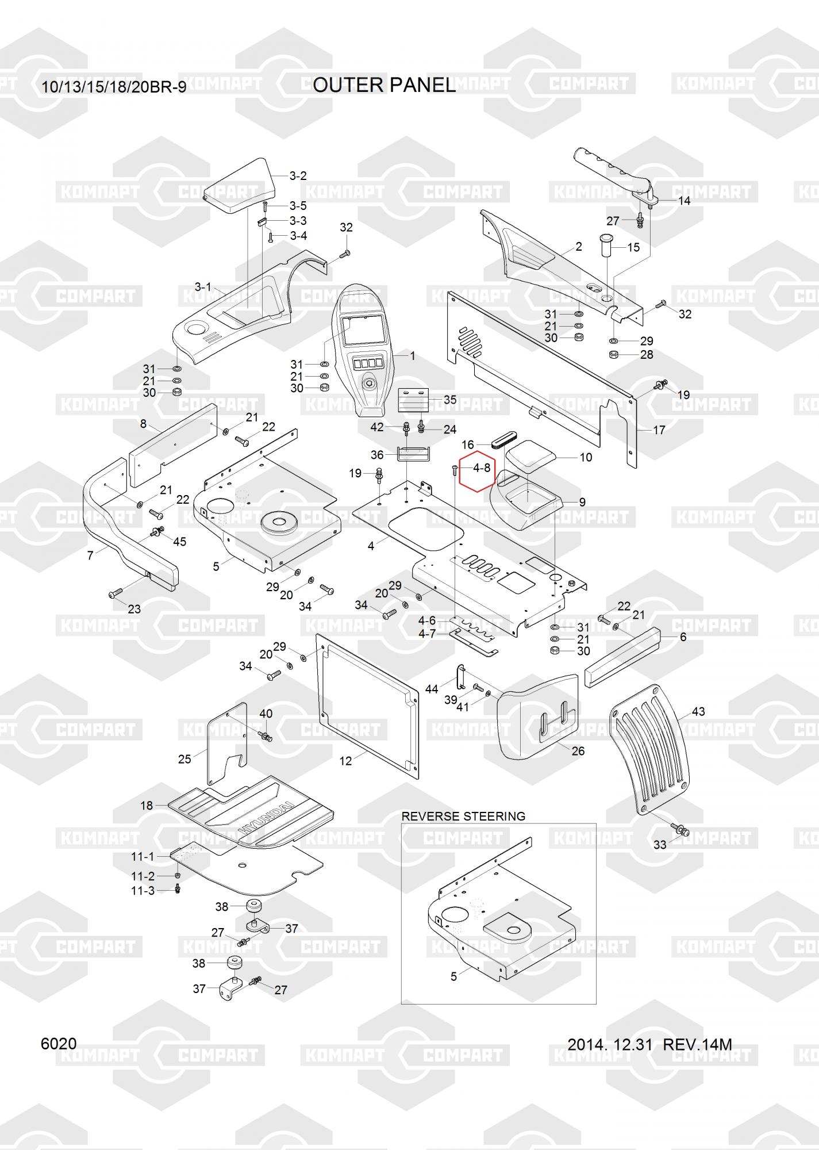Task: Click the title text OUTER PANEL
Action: click(x=384, y=85)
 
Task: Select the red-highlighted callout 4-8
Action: click(x=482, y=468)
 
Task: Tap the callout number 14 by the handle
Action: click(x=685, y=201)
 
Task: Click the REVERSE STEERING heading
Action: click(x=463, y=816)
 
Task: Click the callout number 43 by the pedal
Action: click(x=698, y=711)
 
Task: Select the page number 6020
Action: click(x=59, y=1044)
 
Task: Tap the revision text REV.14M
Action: click(x=697, y=1044)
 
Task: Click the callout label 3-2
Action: click(x=298, y=176)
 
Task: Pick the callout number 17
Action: click(x=659, y=430)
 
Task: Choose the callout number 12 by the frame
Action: click(x=345, y=761)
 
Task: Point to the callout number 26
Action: click(x=578, y=751)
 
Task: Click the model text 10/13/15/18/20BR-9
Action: click(x=114, y=87)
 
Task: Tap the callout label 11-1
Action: click(x=143, y=857)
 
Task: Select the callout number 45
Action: click(x=179, y=542)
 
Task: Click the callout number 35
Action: click(x=449, y=400)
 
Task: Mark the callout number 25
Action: click(x=184, y=759)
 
